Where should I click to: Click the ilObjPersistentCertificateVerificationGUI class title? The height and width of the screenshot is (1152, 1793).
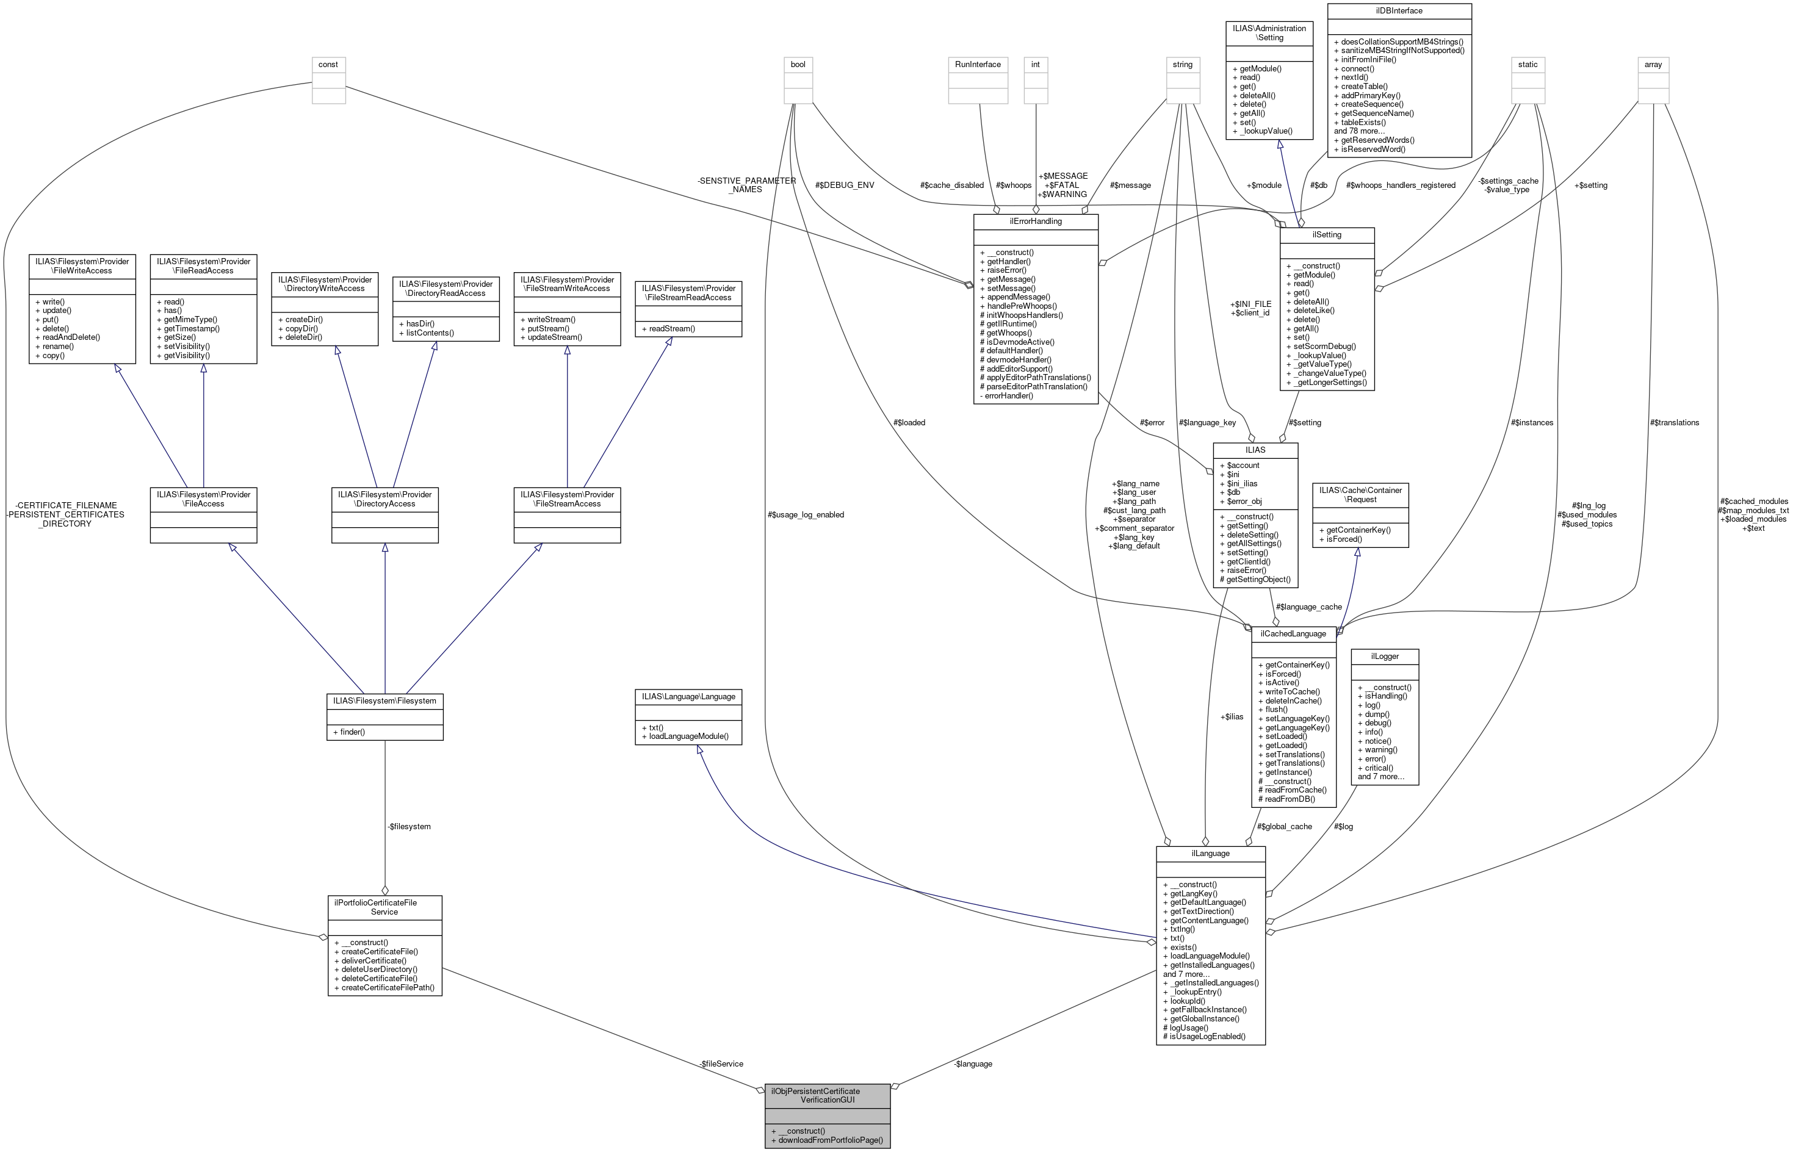click(826, 1095)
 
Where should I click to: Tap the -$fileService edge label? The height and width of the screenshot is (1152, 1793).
click(720, 1063)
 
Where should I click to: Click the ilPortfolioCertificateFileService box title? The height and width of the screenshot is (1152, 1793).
click(384, 907)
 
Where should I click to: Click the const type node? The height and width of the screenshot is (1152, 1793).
click(328, 64)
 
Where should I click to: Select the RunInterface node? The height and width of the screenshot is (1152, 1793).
click(978, 64)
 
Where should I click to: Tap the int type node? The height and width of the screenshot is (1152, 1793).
click(1035, 64)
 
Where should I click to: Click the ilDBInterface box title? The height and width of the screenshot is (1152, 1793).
click(1398, 11)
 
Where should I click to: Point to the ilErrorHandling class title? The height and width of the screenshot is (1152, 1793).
click(1034, 221)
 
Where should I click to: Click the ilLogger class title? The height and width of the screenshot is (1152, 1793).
click(1385, 656)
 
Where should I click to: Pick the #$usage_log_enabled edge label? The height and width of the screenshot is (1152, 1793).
click(806, 514)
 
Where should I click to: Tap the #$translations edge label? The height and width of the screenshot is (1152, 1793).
click(1674, 423)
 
